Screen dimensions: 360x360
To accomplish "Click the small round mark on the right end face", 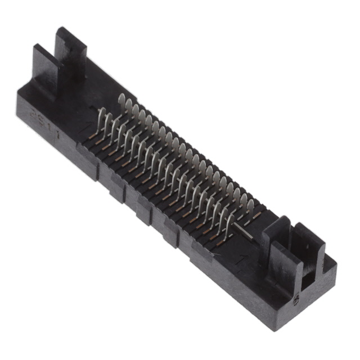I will [x=296, y=302].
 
